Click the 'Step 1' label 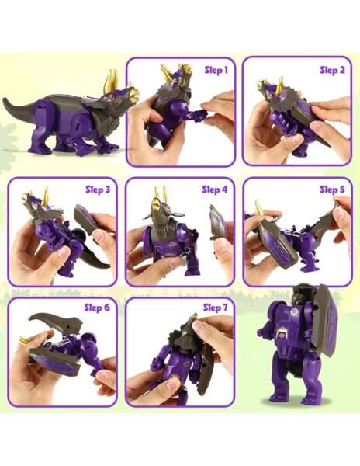[216, 69]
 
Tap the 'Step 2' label [332, 70]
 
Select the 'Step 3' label [99, 189]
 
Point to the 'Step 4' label [215, 189]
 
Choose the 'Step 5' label [331, 189]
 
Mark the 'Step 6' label [99, 308]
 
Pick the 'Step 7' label [215, 308]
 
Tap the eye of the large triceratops [114, 96]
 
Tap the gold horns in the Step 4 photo [159, 197]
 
